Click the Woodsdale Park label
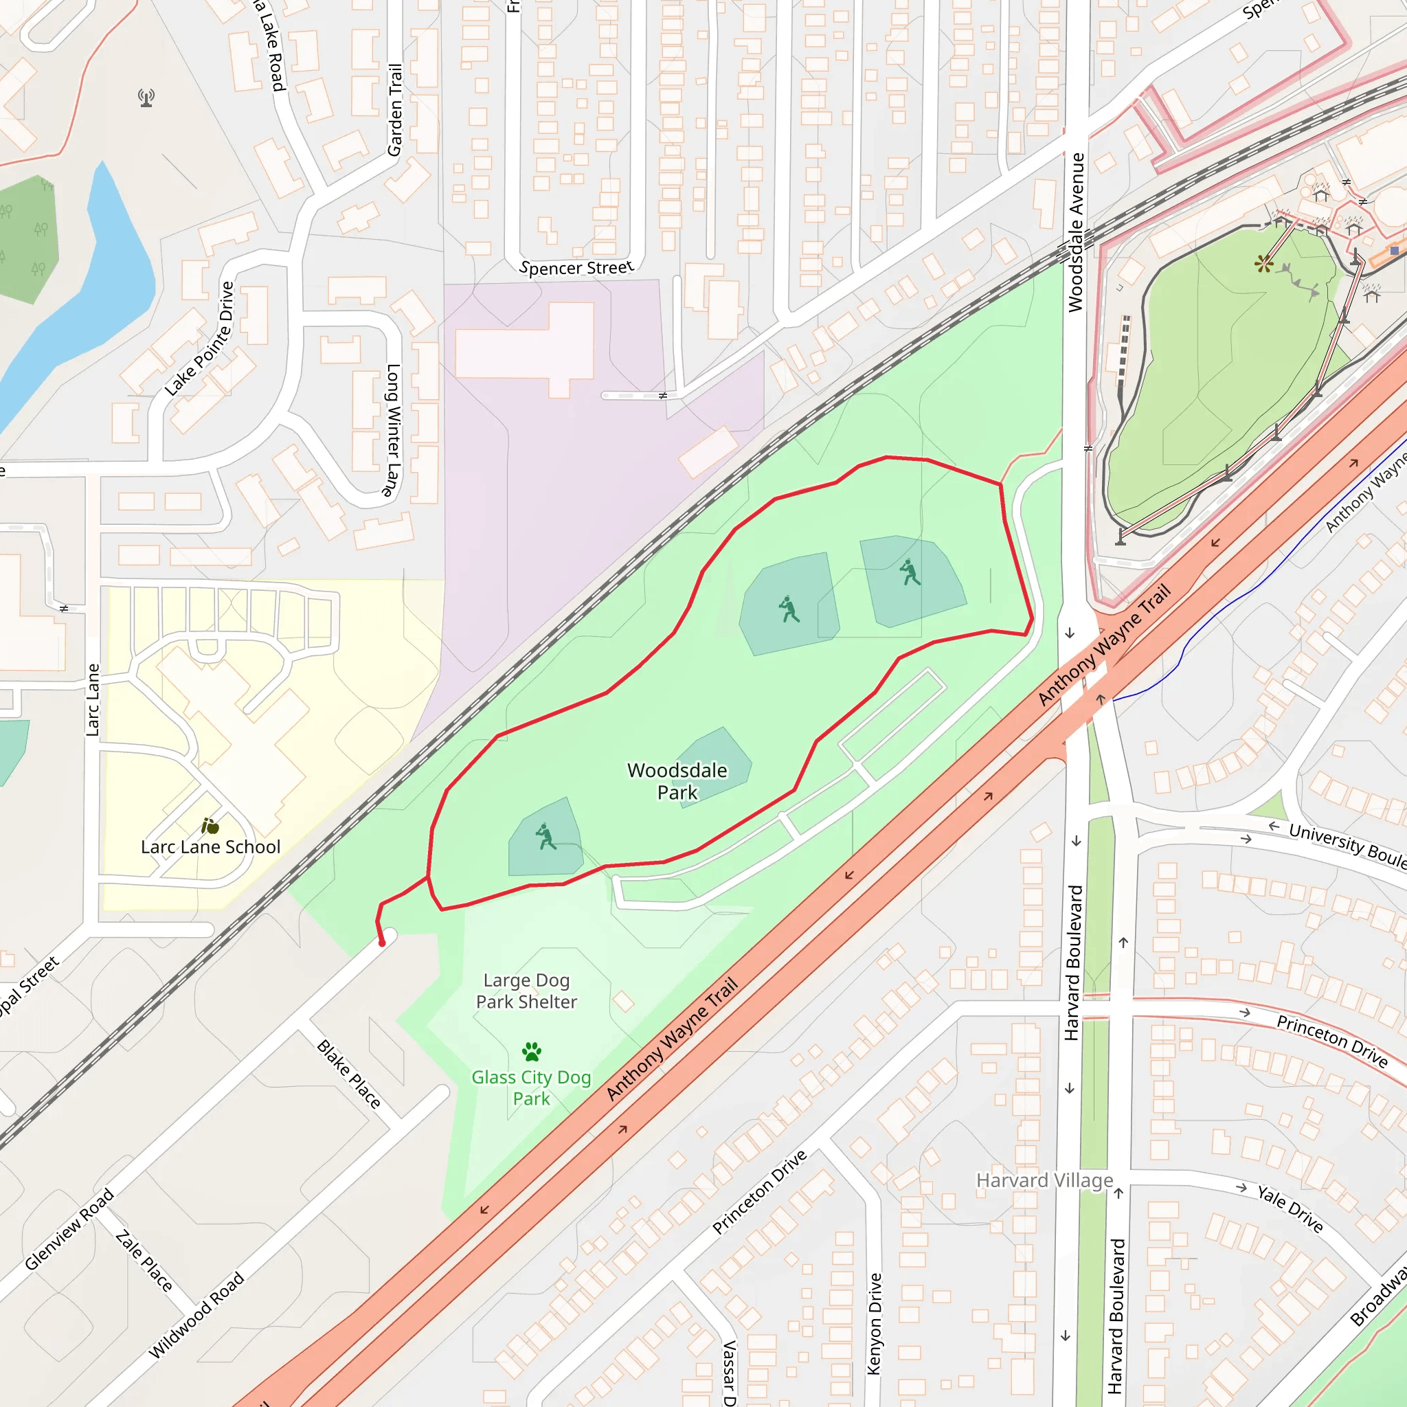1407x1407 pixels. point(677,781)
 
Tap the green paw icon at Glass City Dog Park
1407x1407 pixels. point(532,1052)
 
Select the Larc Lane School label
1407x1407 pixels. point(210,847)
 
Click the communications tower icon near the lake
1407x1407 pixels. point(146,98)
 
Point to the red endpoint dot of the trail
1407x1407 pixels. point(381,943)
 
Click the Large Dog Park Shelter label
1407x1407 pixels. point(526,991)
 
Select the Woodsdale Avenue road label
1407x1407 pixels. point(1076,233)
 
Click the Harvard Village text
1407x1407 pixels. point(1044,1180)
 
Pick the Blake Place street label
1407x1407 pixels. point(349,1074)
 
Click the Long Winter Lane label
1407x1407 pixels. point(392,430)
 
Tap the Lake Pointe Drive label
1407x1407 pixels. point(199,339)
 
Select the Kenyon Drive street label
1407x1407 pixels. point(875,1323)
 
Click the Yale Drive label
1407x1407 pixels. point(1290,1208)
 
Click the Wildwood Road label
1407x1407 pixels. point(196,1315)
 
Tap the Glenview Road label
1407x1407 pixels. point(69,1229)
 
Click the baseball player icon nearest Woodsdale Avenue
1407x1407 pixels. point(909,572)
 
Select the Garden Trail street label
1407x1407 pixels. point(395,110)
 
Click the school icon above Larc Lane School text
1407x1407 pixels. point(210,826)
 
